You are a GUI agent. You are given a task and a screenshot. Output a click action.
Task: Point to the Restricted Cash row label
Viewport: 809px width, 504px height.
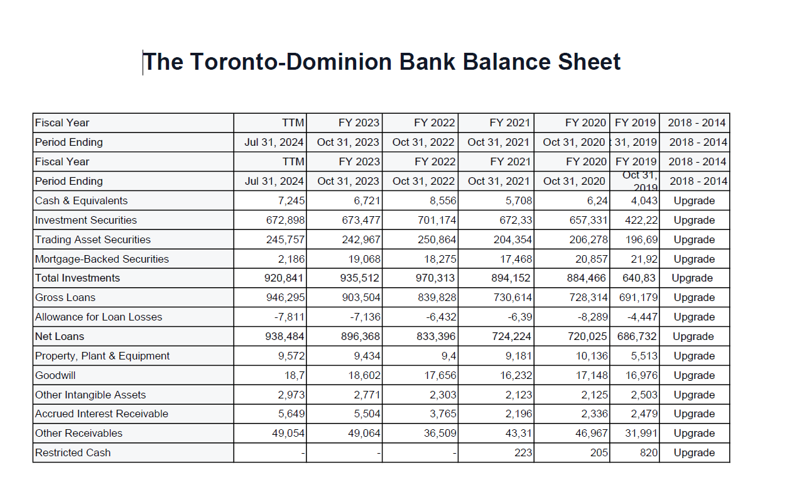73,452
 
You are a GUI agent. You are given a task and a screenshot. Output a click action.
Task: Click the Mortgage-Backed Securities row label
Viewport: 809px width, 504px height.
102,259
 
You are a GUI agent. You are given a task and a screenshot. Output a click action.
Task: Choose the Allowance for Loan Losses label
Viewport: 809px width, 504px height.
99,317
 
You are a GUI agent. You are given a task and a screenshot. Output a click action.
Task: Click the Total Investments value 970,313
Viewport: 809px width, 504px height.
437,278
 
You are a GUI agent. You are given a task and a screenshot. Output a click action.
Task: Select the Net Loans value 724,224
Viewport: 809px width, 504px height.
512,336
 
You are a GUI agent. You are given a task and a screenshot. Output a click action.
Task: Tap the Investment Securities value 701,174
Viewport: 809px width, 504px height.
437,220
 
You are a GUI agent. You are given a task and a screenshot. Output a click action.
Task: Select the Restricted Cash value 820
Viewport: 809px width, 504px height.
649,452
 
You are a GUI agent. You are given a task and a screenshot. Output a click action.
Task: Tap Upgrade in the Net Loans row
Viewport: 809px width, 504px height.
693,336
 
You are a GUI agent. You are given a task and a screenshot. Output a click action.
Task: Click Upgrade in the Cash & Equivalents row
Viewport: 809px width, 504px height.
694,200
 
